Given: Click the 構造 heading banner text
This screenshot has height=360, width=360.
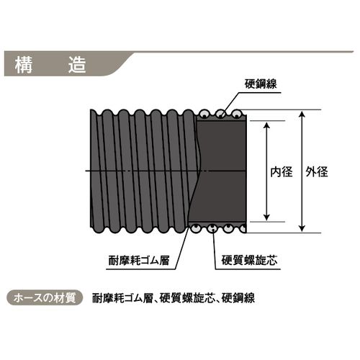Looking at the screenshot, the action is click(x=50, y=66).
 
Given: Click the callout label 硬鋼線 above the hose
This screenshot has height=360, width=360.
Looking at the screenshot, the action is click(x=261, y=84).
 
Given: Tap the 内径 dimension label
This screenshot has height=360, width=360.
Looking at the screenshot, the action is click(x=282, y=172).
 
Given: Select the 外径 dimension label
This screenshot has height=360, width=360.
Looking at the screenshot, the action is click(x=317, y=172).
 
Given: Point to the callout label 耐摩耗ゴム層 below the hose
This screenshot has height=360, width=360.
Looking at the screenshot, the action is click(x=139, y=261).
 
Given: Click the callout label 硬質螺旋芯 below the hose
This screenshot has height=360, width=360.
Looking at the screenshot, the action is click(x=249, y=261).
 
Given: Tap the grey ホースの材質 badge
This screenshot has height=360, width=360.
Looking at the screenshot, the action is click(x=45, y=298).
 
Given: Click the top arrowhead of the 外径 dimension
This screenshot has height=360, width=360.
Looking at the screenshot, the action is click(x=302, y=114).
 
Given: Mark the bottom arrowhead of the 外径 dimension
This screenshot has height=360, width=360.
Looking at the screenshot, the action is click(x=302, y=228).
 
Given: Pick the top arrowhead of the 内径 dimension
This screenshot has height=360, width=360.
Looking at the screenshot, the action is click(x=266, y=125).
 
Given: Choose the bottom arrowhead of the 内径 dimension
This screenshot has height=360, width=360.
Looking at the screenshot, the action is click(x=266, y=217).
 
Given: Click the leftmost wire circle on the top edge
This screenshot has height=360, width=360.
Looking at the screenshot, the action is click(x=204, y=114).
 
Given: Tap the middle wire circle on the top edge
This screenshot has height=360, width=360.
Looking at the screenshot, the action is click(x=220, y=114).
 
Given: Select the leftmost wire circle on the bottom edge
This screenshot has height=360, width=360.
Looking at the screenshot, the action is click(x=196, y=228).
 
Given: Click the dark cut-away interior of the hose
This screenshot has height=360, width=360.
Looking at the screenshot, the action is click(x=220, y=171).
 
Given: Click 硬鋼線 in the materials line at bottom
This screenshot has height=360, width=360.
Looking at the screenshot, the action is click(x=238, y=298).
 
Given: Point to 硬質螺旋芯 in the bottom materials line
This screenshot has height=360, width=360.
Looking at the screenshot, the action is click(x=186, y=298).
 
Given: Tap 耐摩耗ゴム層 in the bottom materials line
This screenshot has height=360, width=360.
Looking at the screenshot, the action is click(x=122, y=298).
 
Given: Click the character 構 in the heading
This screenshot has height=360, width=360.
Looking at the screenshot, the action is click(x=24, y=66).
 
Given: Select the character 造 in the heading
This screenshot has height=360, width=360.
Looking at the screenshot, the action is click(x=77, y=66).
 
